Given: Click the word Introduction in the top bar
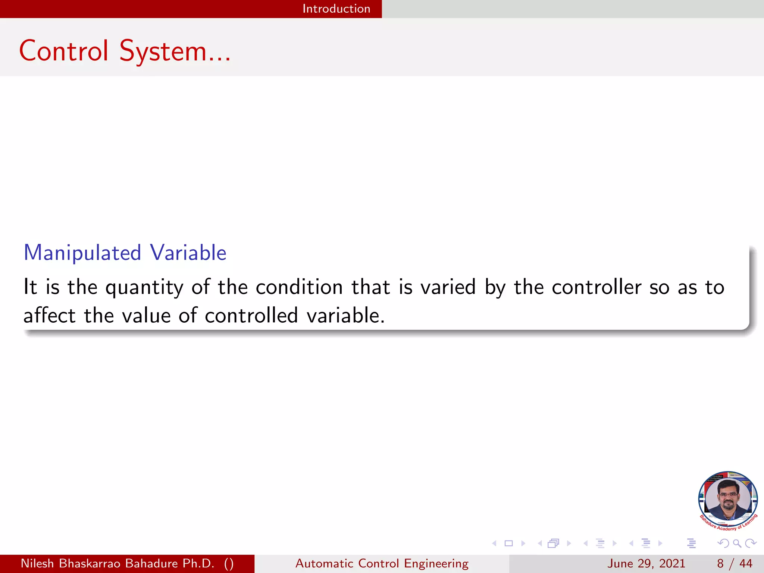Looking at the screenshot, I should pyautogui.click(x=336, y=9).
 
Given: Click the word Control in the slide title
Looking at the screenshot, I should pyautogui.click(x=64, y=51).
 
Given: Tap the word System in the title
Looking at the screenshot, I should pyautogui.click(x=163, y=51).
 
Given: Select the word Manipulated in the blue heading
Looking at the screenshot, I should pyautogui.click(x=82, y=253).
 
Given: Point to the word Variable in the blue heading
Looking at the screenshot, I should pyautogui.click(x=188, y=253).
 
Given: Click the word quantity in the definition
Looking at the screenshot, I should pyautogui.click(x=144, y=288).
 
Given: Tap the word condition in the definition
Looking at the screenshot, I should pyautogui.click(x=299, y=288).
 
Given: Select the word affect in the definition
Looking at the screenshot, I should pyautogui.click(x=49, y=316).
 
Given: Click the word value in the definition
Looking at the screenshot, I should pyautogui.click(x=146, y=316).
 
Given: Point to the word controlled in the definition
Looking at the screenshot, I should pyautogui.click(x=251, y=316).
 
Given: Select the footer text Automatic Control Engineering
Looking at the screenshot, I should pyautogui.click(x=382, y=563).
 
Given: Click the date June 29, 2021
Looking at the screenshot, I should pyautogui.click(x=646, y=563).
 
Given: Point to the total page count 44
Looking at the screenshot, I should pyautogui.click(x=746, y=563).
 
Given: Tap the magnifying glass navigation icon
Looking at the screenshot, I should pyautogui.click(x=737, y=544).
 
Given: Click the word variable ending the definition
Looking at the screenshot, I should pyautogui.click(x=345, y=316).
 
